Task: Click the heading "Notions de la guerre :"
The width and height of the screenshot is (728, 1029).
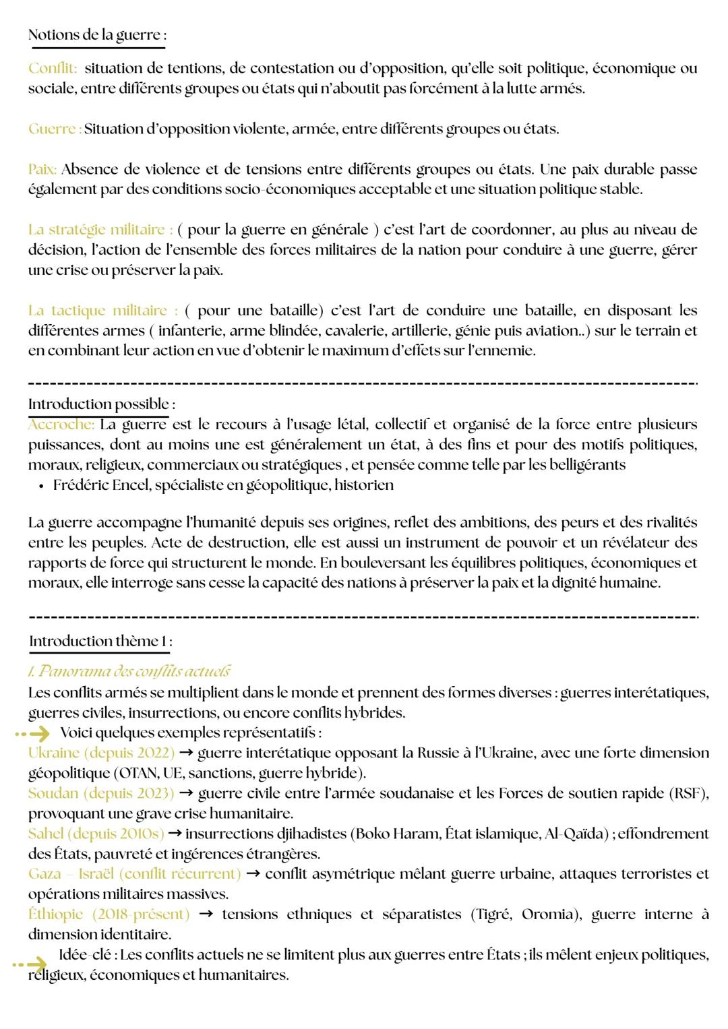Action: click(x=97, y=35)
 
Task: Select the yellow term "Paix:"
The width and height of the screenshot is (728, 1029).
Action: click(x=42, y=169)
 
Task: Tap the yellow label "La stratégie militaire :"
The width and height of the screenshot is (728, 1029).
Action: click(x=100, y=230)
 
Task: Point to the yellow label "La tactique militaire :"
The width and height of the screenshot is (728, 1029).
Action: click(x=103, y=311)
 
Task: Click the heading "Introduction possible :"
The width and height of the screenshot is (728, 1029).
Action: click(x=101, y=404)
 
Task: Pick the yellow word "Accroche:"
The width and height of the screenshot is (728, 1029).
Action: click(x=61, y=425)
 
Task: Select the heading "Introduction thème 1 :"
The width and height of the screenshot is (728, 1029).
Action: click(x=100, y=642)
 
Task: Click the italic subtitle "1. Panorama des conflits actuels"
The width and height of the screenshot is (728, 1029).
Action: click(x=129, y=671)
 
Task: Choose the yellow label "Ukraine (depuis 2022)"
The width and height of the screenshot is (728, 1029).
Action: click(x=101, y=753)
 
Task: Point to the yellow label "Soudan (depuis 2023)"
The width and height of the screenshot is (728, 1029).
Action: click(x=101, y=793)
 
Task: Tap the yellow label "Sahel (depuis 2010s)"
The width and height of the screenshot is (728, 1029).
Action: click(x=96, y=834)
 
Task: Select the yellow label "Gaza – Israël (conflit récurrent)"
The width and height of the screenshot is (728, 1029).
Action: click(x=134, y=874)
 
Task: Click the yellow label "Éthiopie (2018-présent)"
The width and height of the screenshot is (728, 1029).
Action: click(x=109, y=914)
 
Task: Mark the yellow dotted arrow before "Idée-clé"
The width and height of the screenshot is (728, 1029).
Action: click(x=31, y=964)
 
